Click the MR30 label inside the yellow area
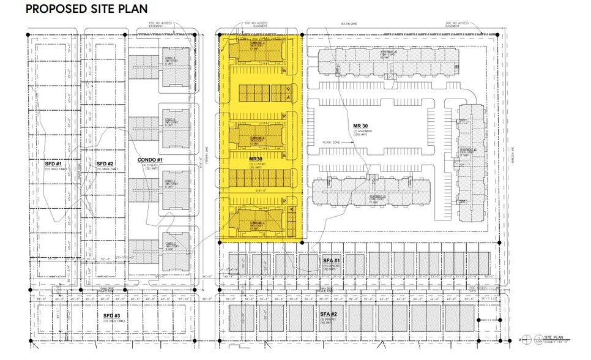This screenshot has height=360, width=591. pyautogui.click(x=258, y=159)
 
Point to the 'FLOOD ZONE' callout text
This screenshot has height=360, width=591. pyautogui.click(x=334, y=142)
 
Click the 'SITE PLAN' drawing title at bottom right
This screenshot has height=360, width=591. pyautogui.click(x=546, y=337)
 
